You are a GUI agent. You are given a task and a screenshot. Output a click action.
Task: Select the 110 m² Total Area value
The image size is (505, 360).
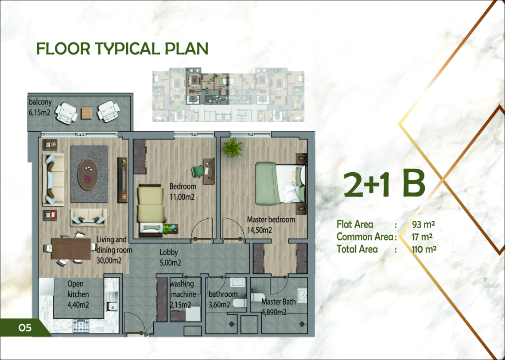point(424,249)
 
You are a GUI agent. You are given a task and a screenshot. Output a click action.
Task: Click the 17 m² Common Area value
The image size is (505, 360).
point(422,237)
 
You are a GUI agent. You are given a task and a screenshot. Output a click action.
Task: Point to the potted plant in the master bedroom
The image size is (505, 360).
point(232,147)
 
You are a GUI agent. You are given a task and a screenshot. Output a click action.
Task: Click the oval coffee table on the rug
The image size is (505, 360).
point(88,174)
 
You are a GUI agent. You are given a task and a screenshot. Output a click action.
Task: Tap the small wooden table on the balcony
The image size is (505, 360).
point(86,113)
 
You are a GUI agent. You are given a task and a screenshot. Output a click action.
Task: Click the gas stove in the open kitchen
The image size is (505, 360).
point(81,325)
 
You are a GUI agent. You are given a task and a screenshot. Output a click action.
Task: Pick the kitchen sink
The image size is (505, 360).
point(112,302)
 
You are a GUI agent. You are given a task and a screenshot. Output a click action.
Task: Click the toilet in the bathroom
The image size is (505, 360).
point(239,303)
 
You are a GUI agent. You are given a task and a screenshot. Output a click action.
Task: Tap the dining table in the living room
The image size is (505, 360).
point(71,248)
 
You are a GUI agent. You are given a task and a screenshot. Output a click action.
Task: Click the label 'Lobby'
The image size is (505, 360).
point(169,252)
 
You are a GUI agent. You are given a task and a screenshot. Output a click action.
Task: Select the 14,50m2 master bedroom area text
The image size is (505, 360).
point(260,230)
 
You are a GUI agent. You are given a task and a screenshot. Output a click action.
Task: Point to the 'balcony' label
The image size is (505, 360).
point(40,102)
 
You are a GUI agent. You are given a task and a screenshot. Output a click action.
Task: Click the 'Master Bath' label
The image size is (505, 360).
point(279,302)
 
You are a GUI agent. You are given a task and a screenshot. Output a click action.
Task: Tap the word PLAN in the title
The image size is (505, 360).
point(186,48)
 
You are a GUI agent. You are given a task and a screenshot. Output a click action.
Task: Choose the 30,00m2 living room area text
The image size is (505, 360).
point(109,260)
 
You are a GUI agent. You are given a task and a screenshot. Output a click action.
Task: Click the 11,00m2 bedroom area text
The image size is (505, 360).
point(182,197)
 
